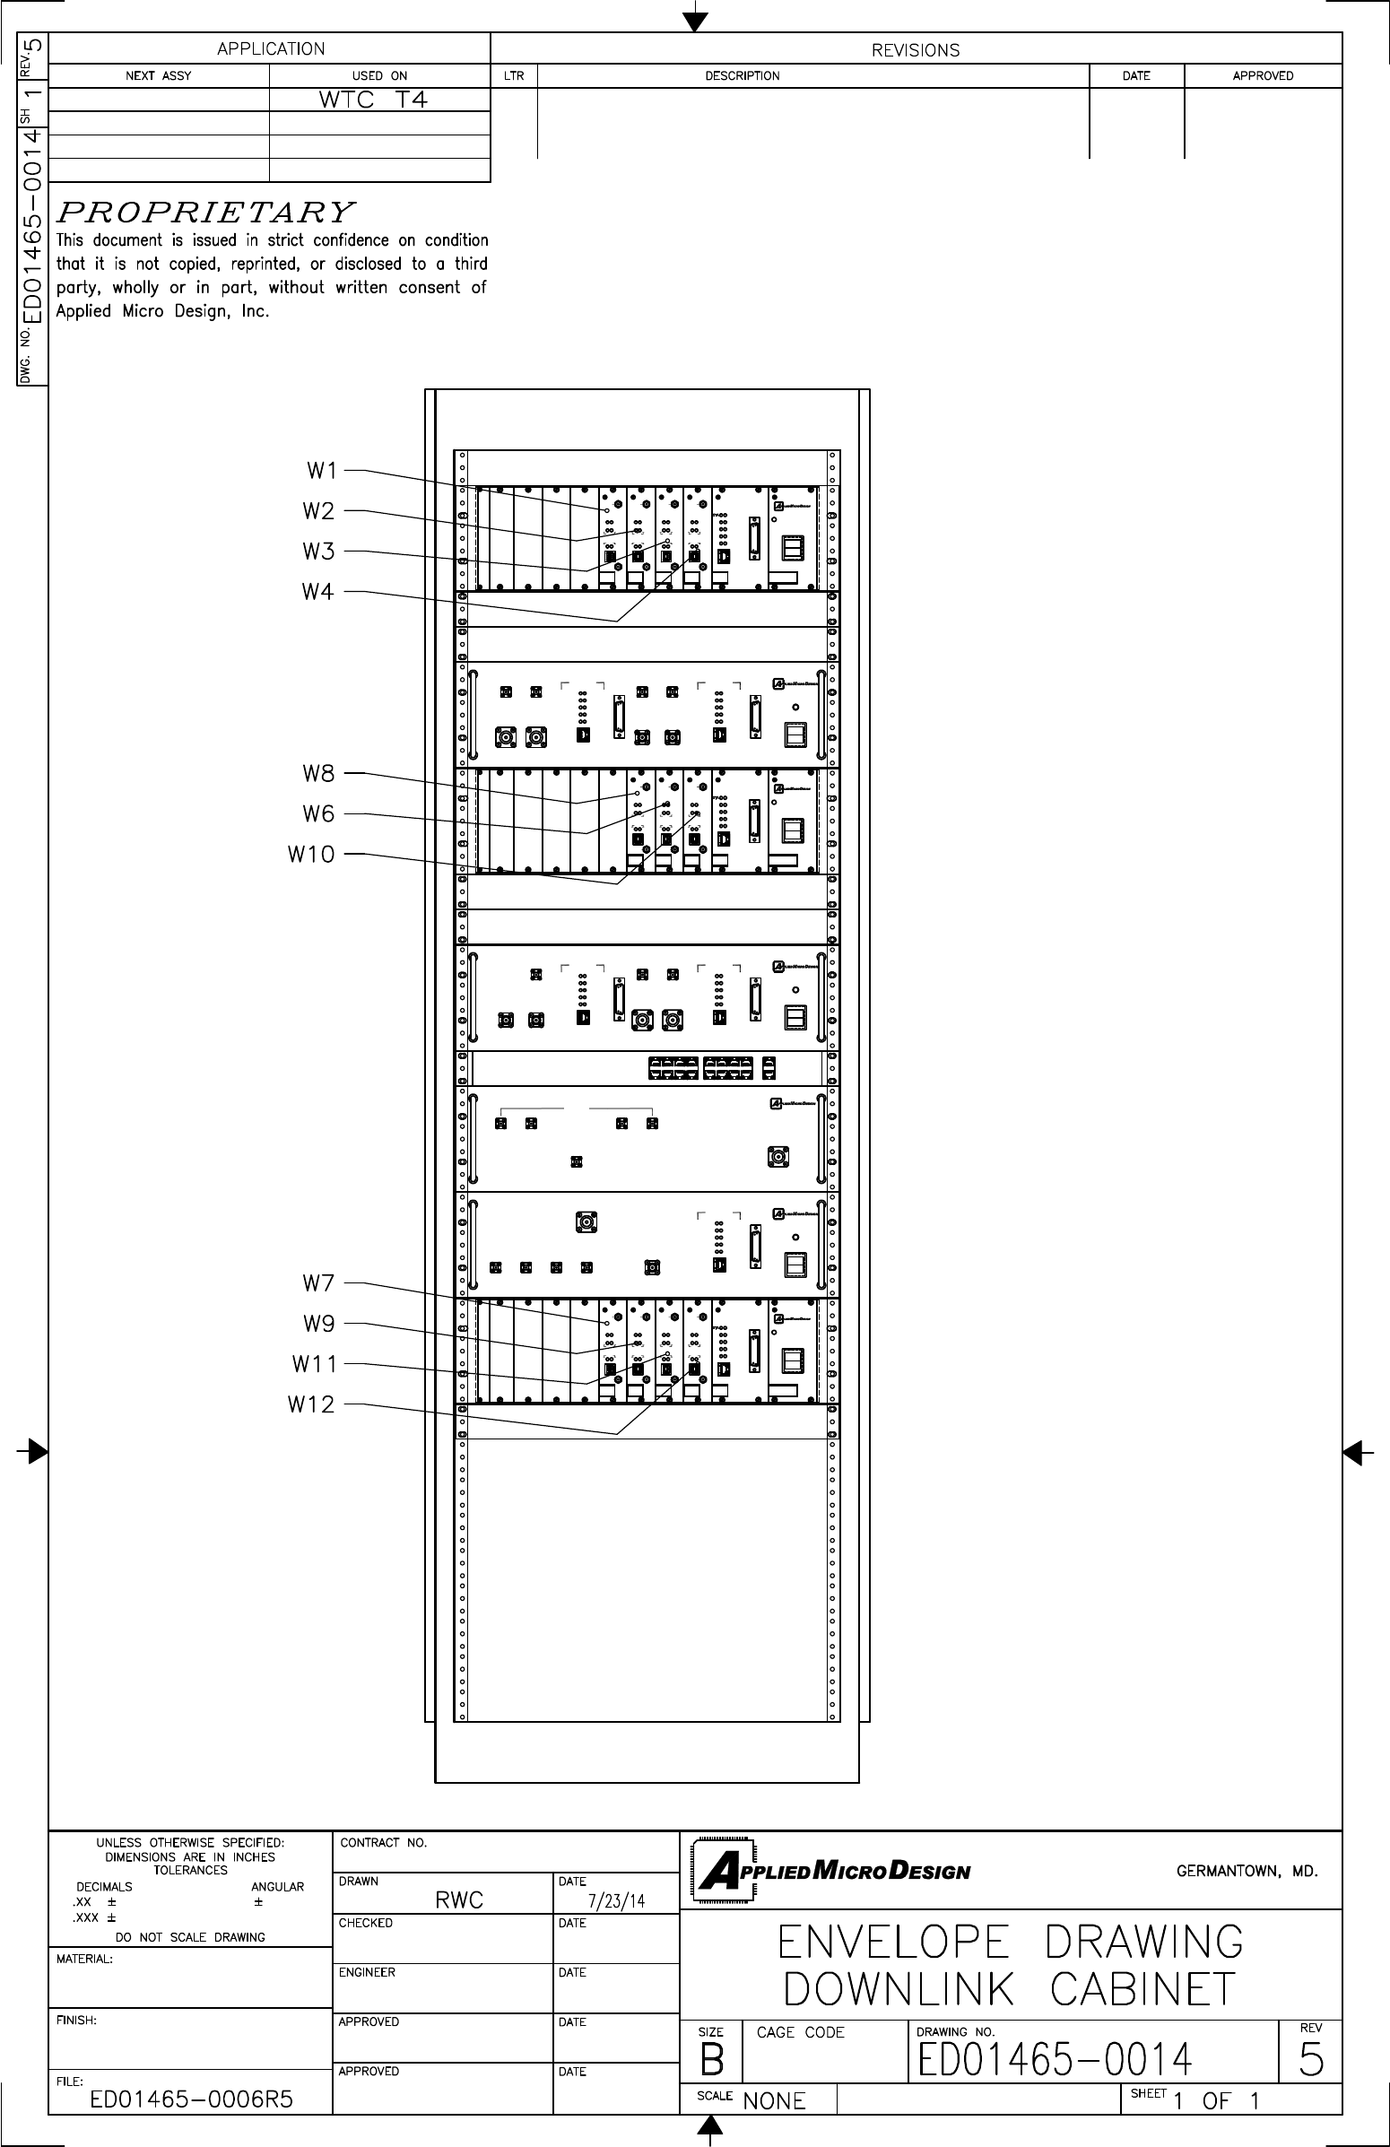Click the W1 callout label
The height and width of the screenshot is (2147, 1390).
tap(321, 471)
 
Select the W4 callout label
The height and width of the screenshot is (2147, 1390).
tap(317, 593)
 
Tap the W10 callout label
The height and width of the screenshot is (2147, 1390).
tap(311, 855)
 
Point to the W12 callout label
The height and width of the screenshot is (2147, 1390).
tap(311, 1404)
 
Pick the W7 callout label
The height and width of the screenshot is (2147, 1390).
tap(318, 1282)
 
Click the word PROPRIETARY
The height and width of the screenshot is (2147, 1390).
tap(205, 213)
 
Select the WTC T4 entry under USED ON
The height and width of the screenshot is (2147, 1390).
tap(373, 100)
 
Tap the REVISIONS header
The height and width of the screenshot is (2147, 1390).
tap(915, 50)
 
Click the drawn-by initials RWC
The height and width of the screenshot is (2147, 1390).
tap(459, 1900)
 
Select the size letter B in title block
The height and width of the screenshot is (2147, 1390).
tap(712, 2060)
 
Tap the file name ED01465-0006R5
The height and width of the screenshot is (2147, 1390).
tap(191, 2099)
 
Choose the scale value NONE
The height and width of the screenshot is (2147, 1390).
tap(774, 2101)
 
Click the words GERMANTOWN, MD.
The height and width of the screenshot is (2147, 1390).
tap(1247, 1872)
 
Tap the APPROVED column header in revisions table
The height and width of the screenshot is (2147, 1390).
tap(1263, 75)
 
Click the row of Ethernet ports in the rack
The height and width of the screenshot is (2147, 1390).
tap(711, 1068)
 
